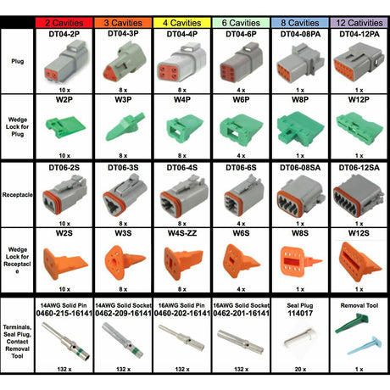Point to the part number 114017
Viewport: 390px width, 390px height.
[297, 313]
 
